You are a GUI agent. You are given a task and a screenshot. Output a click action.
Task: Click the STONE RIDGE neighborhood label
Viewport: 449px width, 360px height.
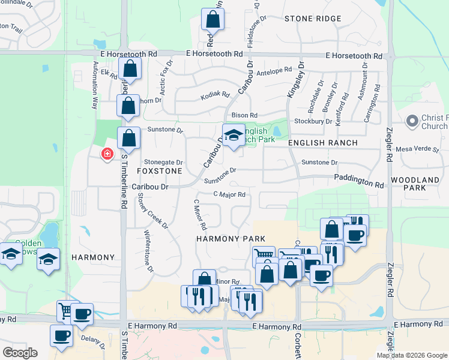coord(313,19)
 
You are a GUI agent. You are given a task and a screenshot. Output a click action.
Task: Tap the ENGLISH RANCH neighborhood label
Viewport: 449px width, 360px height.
coord(322,143)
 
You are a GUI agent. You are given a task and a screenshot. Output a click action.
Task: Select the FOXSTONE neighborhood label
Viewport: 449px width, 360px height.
coord(159,171)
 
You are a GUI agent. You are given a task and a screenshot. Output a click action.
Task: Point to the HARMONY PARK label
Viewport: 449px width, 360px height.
coord(231,239)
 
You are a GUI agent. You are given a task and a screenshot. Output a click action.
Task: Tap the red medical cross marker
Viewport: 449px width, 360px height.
coord(107,154)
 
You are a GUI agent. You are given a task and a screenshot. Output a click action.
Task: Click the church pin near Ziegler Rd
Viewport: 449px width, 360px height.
coord(412,122)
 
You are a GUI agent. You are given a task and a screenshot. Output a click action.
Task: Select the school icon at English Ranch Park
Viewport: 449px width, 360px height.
coord(234,135)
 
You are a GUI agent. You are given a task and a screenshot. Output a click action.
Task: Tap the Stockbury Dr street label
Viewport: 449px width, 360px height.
coord(313,121)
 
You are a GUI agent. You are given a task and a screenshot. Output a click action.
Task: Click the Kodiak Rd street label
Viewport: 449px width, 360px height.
coord(217,94)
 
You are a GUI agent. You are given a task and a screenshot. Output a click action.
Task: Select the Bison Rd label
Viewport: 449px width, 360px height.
coord(244,115)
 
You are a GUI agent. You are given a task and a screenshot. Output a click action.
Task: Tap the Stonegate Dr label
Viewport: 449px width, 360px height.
coord(163,162)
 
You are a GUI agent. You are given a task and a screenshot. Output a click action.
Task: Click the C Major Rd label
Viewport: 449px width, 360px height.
coord(229,194)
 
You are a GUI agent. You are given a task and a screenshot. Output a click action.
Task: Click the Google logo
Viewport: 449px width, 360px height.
coord(20,352)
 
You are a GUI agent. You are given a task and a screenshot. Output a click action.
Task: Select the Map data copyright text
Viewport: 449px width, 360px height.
coord(411,355)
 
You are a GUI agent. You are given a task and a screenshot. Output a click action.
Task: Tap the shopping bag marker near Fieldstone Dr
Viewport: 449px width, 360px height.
coord(212,19)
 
